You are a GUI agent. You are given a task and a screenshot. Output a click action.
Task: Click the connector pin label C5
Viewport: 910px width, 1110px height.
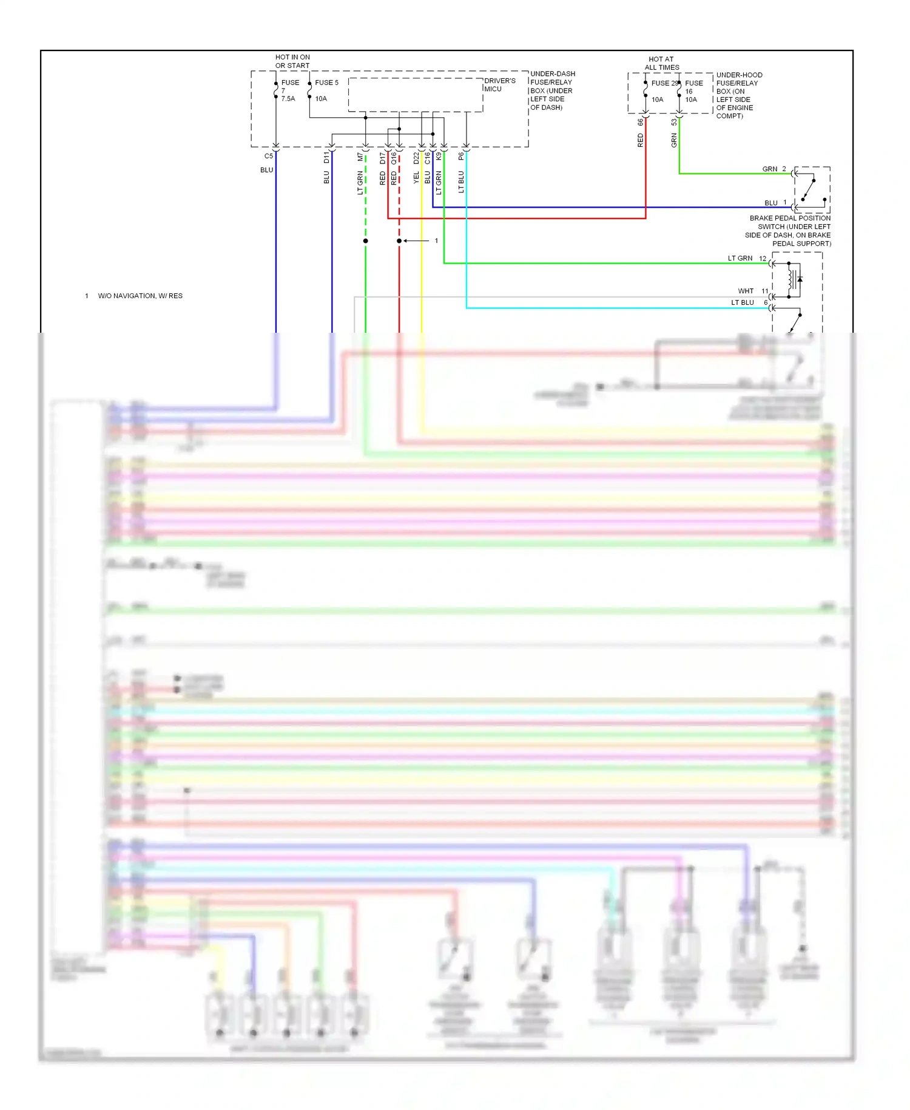(x=268, y=156)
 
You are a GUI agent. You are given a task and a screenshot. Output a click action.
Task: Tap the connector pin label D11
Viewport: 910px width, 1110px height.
(x=326, y=157)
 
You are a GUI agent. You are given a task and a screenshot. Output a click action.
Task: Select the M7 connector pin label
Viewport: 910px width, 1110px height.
(x=360, y=157)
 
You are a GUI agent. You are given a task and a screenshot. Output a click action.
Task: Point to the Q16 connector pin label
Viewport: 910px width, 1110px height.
(x=394, y=158)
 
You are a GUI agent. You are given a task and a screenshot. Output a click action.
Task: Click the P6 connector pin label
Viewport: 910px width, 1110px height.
(x=461, y=156)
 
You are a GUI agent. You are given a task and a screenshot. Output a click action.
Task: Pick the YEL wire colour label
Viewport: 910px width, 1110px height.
(x=416, y=177)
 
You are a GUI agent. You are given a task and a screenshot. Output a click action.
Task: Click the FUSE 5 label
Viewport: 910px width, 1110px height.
(x=326, y=83)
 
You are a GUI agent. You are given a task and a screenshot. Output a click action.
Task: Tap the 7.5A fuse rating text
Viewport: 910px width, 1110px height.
(x=288, y=99)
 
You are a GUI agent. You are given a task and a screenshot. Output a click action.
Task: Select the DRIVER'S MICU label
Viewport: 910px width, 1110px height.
(x=499, y=84)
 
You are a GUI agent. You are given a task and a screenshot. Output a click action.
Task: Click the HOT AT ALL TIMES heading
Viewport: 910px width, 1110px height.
(x=661, y=63)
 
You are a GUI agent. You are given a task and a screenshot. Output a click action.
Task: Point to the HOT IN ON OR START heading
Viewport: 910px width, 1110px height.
(x=292, y=61)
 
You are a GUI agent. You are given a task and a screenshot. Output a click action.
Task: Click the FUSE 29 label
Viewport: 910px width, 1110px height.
(x=664, y=83)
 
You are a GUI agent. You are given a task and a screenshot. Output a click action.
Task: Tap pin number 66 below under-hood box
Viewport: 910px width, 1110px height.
(x=640, y=122)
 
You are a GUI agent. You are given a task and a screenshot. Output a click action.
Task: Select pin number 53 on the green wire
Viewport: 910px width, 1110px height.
(x=674, y=122)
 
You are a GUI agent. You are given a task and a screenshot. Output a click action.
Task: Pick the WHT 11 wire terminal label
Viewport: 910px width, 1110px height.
(x=753, y=291)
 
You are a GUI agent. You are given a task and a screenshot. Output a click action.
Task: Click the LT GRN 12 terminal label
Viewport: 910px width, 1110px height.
(x=747, y=258)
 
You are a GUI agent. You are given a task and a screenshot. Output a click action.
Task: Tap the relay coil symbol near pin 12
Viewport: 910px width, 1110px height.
(x=792, y=280)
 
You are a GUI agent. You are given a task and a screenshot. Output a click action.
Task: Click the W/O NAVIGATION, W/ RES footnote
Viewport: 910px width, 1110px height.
(x=140, y=296)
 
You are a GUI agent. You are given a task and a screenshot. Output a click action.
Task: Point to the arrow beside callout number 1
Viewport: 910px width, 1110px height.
(x=416, y=241)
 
